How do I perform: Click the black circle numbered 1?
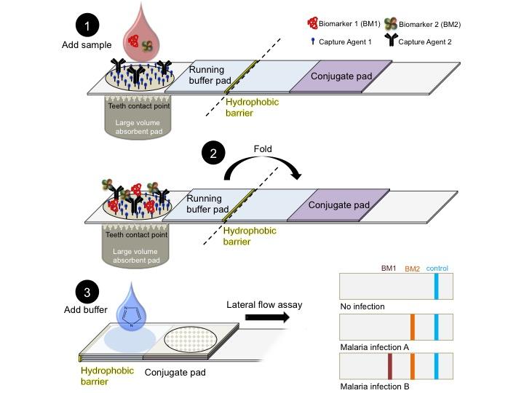pos(88,26)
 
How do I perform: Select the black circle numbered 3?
pos(88,293)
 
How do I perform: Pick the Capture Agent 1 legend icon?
pos(314,41)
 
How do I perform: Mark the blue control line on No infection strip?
pos(436,285)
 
